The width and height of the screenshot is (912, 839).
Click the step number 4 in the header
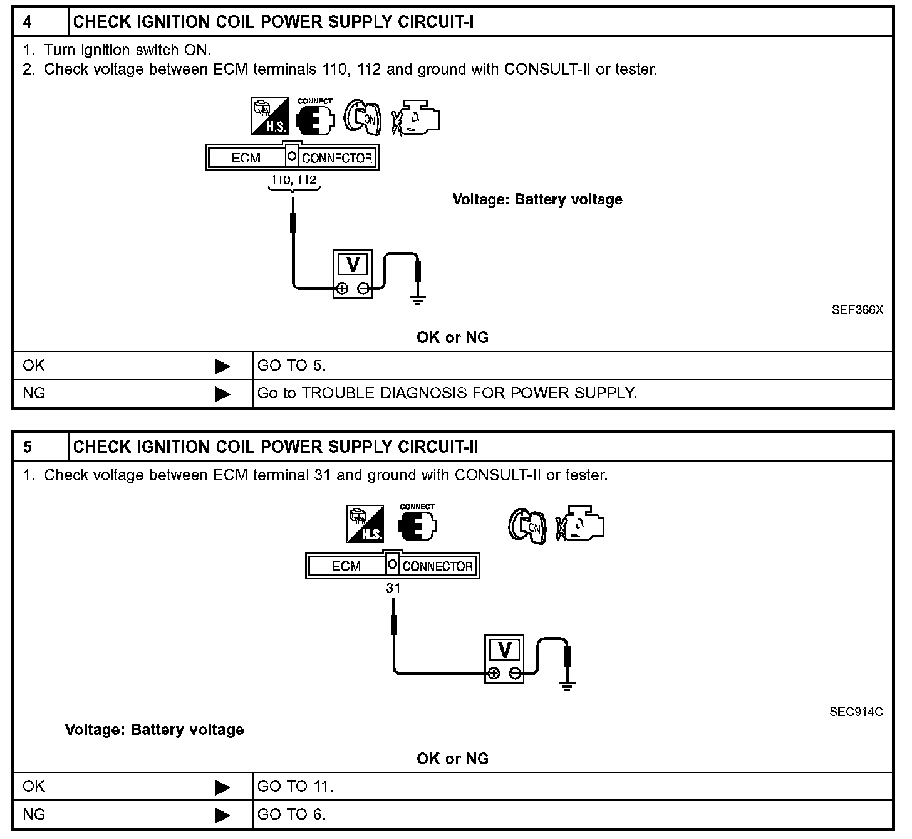click(28, 22)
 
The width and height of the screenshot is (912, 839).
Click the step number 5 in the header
click(28, 447)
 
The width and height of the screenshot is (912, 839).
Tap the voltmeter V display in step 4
click(353, 265)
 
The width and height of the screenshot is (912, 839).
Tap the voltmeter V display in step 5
click(504, 650)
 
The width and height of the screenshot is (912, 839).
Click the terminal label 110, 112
click(293, 180)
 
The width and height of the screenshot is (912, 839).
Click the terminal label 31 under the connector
click(393, 588)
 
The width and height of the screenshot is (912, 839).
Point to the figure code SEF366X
click(857, 310)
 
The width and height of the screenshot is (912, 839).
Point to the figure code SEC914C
click(856, 712)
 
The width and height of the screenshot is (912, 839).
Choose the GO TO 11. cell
click(295, 786)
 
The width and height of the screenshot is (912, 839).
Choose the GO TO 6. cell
click(291, 815)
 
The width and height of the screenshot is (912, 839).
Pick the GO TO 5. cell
click(291, 366)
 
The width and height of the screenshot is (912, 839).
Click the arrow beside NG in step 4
click(222, 394)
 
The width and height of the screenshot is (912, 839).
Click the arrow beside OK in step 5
click(222, 787)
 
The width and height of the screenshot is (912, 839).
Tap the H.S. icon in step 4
click(269, 116)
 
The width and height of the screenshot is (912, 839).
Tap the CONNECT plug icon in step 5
click(417, 525)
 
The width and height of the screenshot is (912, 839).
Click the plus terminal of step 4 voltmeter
click(342, 288)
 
